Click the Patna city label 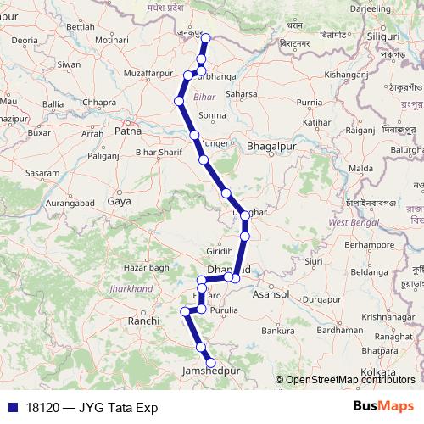point(128,132)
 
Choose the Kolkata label point(378,372)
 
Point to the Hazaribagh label point(127,267)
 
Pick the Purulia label point(224,310)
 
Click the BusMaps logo point(384,407)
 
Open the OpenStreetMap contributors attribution point(350,380)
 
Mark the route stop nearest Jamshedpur point(211,363)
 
